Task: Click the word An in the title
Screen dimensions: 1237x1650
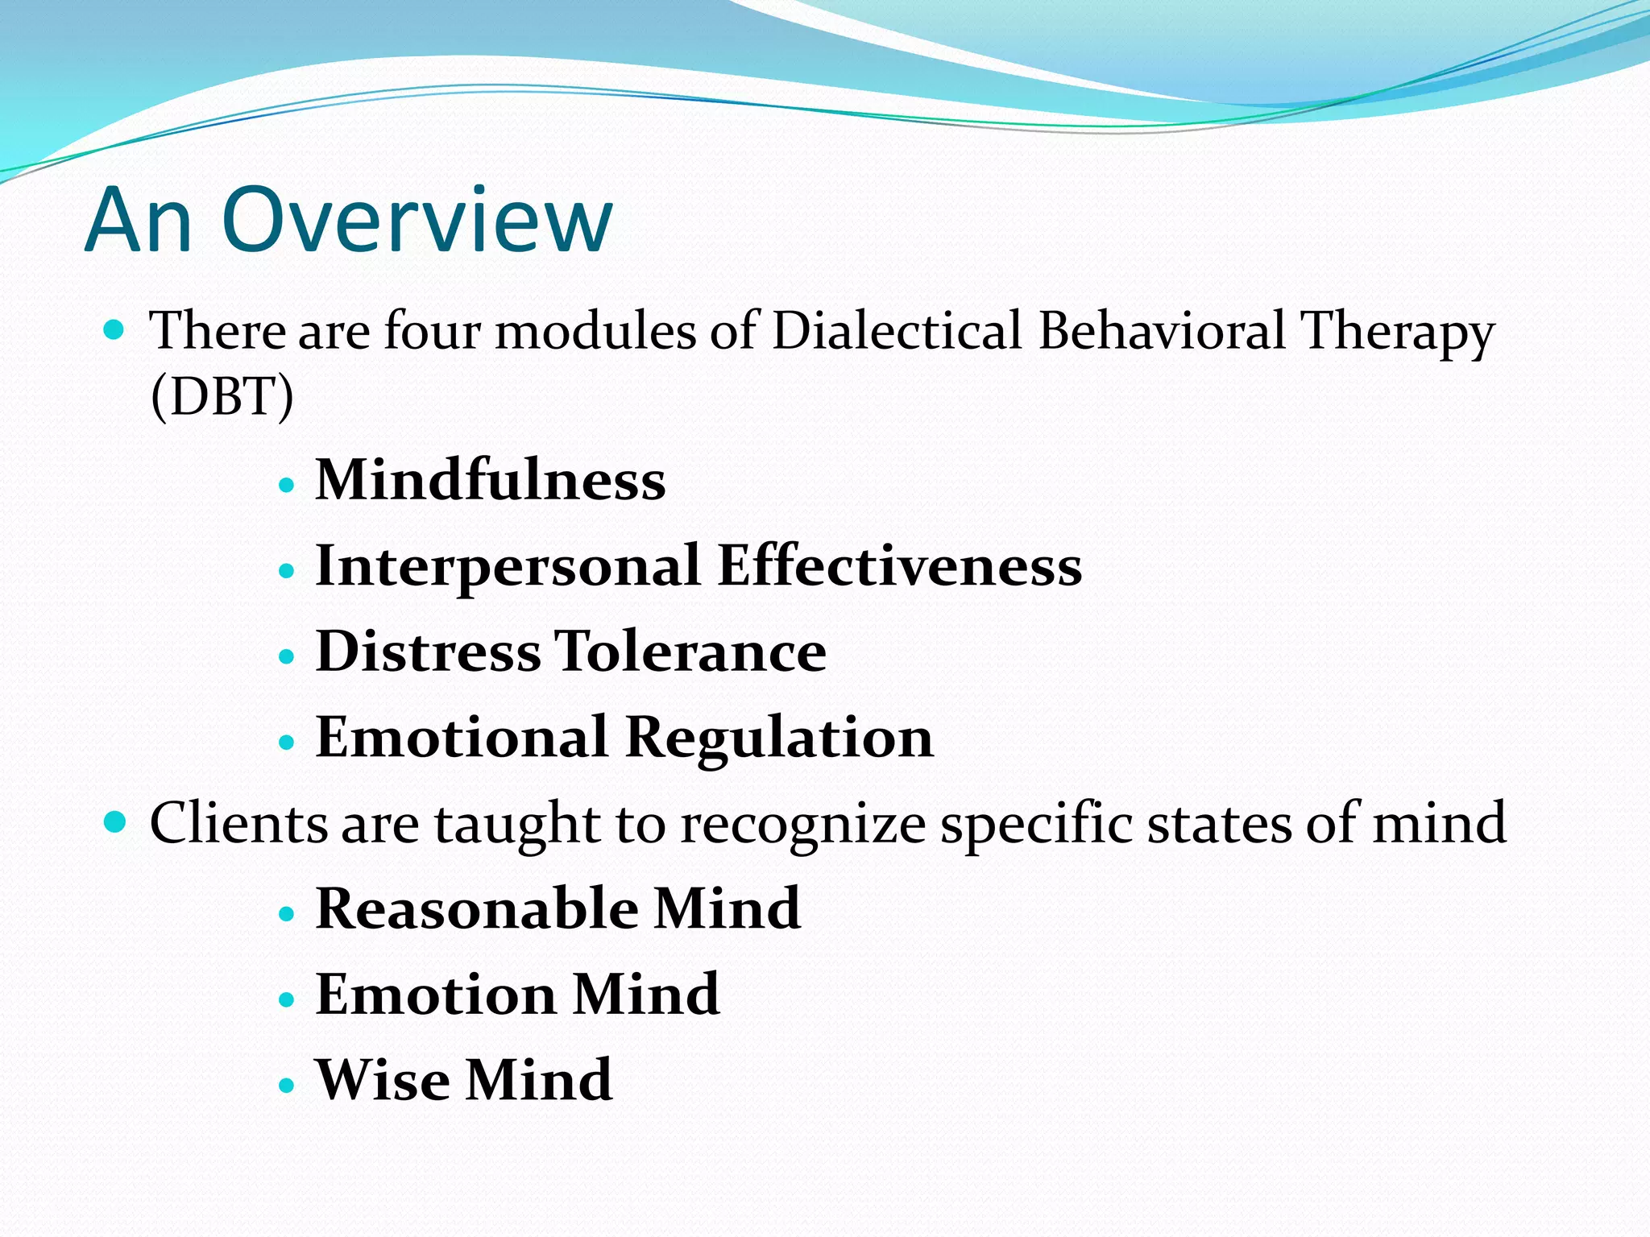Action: [139, 219]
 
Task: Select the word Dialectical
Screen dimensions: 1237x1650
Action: [896, 330]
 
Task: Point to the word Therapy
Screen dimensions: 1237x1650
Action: [1398, 332]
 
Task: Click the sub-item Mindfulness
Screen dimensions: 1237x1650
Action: [490, 480]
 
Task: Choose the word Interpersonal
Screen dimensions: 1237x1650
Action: [508, 566]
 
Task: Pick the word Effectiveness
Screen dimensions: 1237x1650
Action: [899, 565]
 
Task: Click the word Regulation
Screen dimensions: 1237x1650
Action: [779, 738]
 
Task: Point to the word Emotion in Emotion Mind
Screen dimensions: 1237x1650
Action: [436, 995]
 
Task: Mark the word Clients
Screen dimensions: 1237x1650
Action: [238, 823]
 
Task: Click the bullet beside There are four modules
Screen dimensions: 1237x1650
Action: [114, 329]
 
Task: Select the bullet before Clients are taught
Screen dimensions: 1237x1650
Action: [115, 822]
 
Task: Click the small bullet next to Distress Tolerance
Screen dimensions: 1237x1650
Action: [287, 656]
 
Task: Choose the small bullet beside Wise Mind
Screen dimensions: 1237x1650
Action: [287, 1085]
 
